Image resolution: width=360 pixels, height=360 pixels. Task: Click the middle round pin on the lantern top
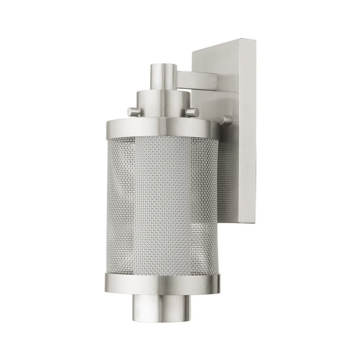pyautogui.click(x=192, y=112)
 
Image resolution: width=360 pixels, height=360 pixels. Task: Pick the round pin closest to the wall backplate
pyautogui.click(x=226, y=120)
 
